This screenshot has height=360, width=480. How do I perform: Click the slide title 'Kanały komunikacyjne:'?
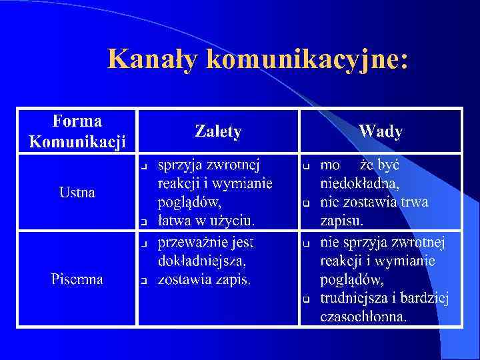(x=257, y=59)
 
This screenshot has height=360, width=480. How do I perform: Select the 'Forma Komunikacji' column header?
(x=77, y=131)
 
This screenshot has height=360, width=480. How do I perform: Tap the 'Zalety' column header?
(x=218, y=131)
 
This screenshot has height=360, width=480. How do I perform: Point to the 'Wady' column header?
(x=380, y=131)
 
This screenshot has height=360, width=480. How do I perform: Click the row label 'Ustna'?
(x=77, y=193)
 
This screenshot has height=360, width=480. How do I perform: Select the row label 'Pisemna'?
(x=77, y=279)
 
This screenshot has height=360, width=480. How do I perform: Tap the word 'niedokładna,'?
(x=360, y=183)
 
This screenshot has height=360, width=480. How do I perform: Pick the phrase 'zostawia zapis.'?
(x=204, y=279)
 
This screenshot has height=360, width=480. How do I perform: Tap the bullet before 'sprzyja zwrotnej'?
(x=143, y=165)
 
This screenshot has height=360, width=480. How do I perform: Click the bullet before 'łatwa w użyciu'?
(x=143, y=221)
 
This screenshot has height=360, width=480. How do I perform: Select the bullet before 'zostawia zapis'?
(x=143, y=281)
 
